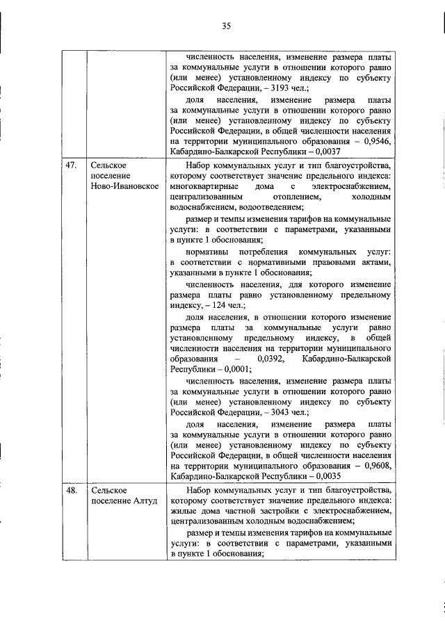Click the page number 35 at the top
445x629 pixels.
pos(226,26)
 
